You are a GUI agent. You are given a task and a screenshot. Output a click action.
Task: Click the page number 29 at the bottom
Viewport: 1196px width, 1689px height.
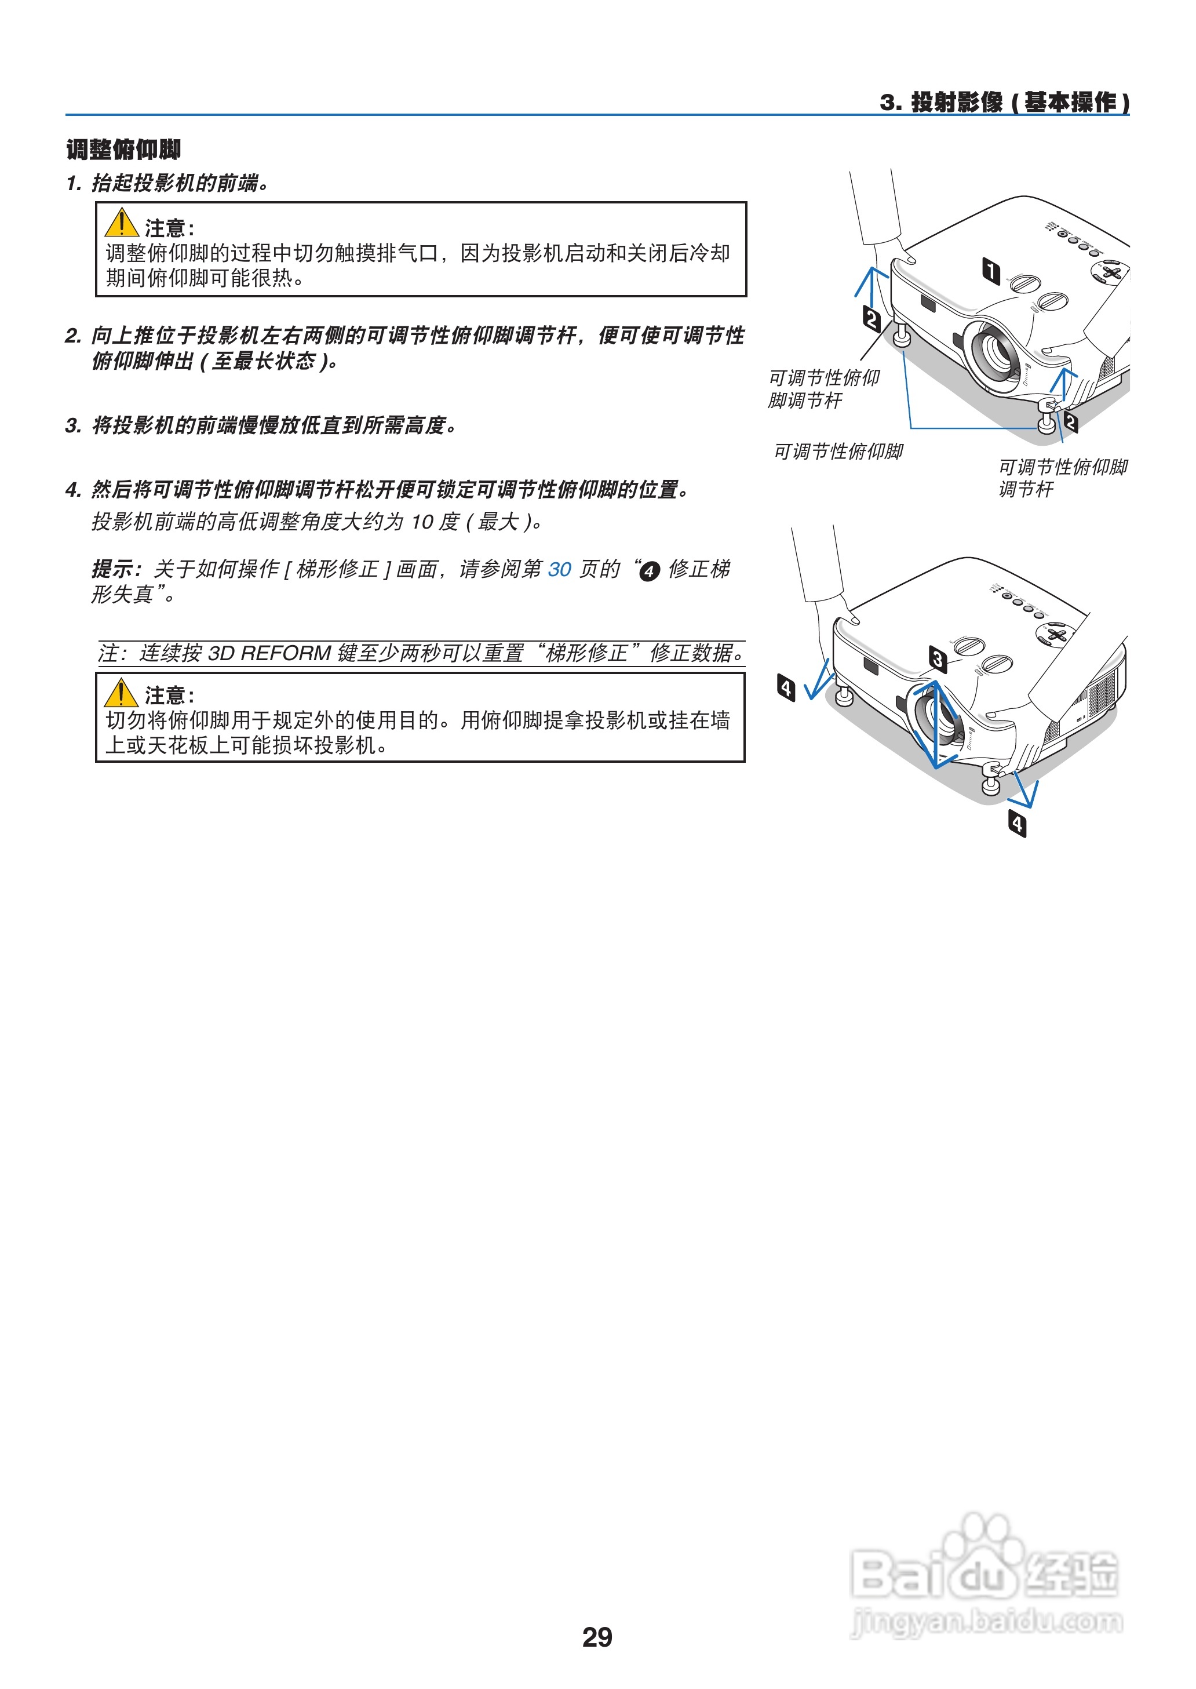point(596,1637)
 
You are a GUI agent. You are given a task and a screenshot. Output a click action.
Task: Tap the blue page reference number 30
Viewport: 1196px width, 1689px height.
point(560,569)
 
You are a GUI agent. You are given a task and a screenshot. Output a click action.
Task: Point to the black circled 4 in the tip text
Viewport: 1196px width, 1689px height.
point(649,571)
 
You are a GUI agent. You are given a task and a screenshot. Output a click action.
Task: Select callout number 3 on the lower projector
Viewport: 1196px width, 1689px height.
point(938,658)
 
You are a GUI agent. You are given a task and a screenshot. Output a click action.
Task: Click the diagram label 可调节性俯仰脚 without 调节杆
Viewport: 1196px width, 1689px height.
point(838,452)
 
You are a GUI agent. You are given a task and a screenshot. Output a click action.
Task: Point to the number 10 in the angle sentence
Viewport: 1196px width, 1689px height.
point(422,522)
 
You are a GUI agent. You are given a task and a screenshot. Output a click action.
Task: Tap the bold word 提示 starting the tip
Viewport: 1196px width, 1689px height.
point(114,569)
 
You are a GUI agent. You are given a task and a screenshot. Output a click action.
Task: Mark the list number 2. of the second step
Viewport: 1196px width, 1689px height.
point(73,336)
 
